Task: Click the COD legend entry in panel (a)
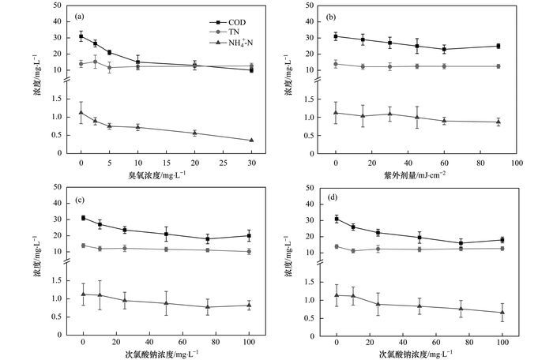[x=213, y=22]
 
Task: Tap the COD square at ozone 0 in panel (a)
[x=81, y=36]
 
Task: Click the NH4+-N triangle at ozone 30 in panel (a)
[x=251, y=141]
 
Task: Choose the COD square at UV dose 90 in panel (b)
[x=498, y=46]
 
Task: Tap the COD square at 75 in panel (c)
[x=208, y=238]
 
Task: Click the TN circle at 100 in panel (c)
[x=249, y=251]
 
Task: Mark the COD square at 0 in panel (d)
[x=337, y=219]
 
